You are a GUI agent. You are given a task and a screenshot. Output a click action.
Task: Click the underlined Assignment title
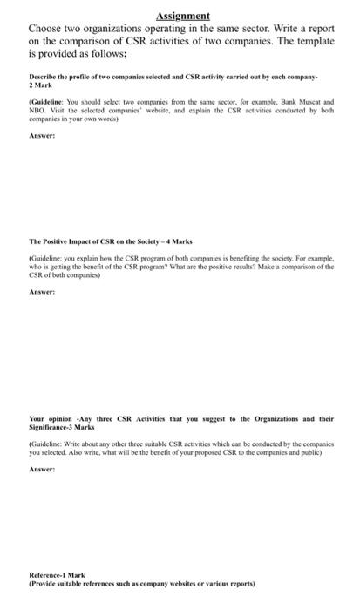point(184,16)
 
